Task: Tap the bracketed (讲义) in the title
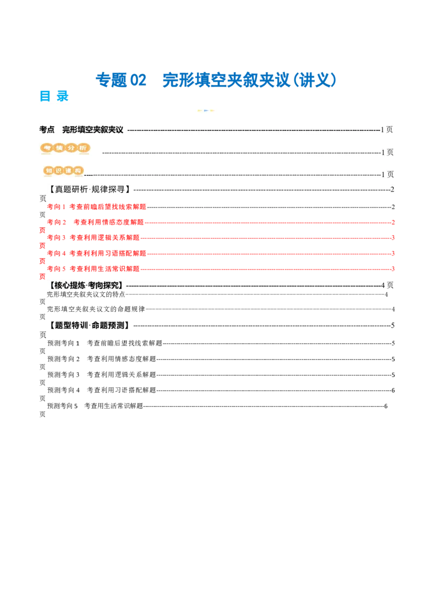coord(315,80)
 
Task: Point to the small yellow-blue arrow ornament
coord(206,110)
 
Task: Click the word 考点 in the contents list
coord(47,130)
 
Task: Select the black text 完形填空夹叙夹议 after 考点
coord(93,130)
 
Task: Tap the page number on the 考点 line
coord(387,130)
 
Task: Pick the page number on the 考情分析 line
coord(387,153)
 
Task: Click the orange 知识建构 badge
coord(64,171)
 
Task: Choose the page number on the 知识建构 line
coord(387,174)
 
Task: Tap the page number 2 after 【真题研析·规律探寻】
coord(392,190)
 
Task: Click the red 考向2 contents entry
coord(95,222)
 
